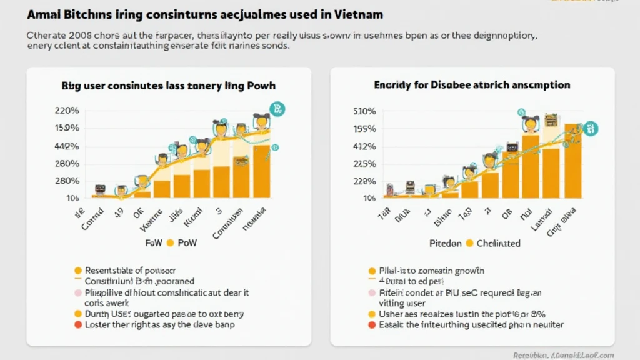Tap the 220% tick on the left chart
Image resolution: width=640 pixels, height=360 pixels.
67,111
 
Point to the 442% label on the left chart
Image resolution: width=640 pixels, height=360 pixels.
67,146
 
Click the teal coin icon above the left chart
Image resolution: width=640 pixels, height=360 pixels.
276,109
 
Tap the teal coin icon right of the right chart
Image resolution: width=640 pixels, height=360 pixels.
591,129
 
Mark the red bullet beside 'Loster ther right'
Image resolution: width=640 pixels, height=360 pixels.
78,325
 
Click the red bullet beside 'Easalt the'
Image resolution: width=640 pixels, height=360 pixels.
373,325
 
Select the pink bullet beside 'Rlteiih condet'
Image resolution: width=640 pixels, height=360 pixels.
373,292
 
